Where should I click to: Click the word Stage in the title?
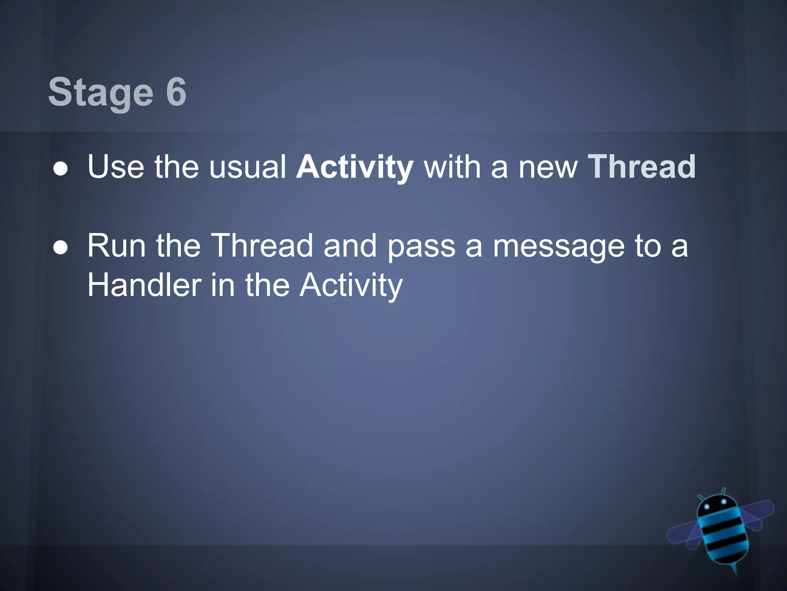click(101, 92)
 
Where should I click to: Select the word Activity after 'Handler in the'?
click(351, 287)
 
